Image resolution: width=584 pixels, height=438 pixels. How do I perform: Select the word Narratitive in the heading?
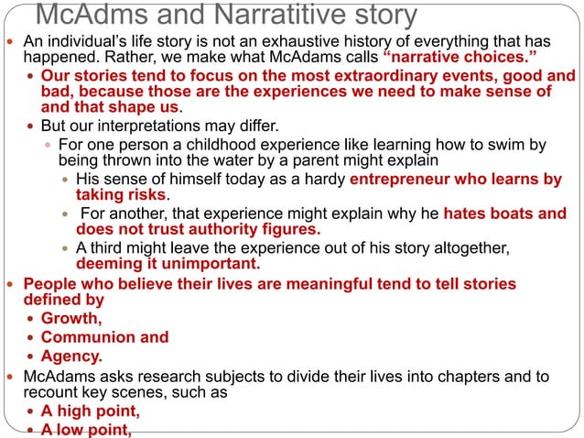(x=287, y=16)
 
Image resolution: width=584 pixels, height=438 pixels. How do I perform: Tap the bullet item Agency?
(x=71, y=356)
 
